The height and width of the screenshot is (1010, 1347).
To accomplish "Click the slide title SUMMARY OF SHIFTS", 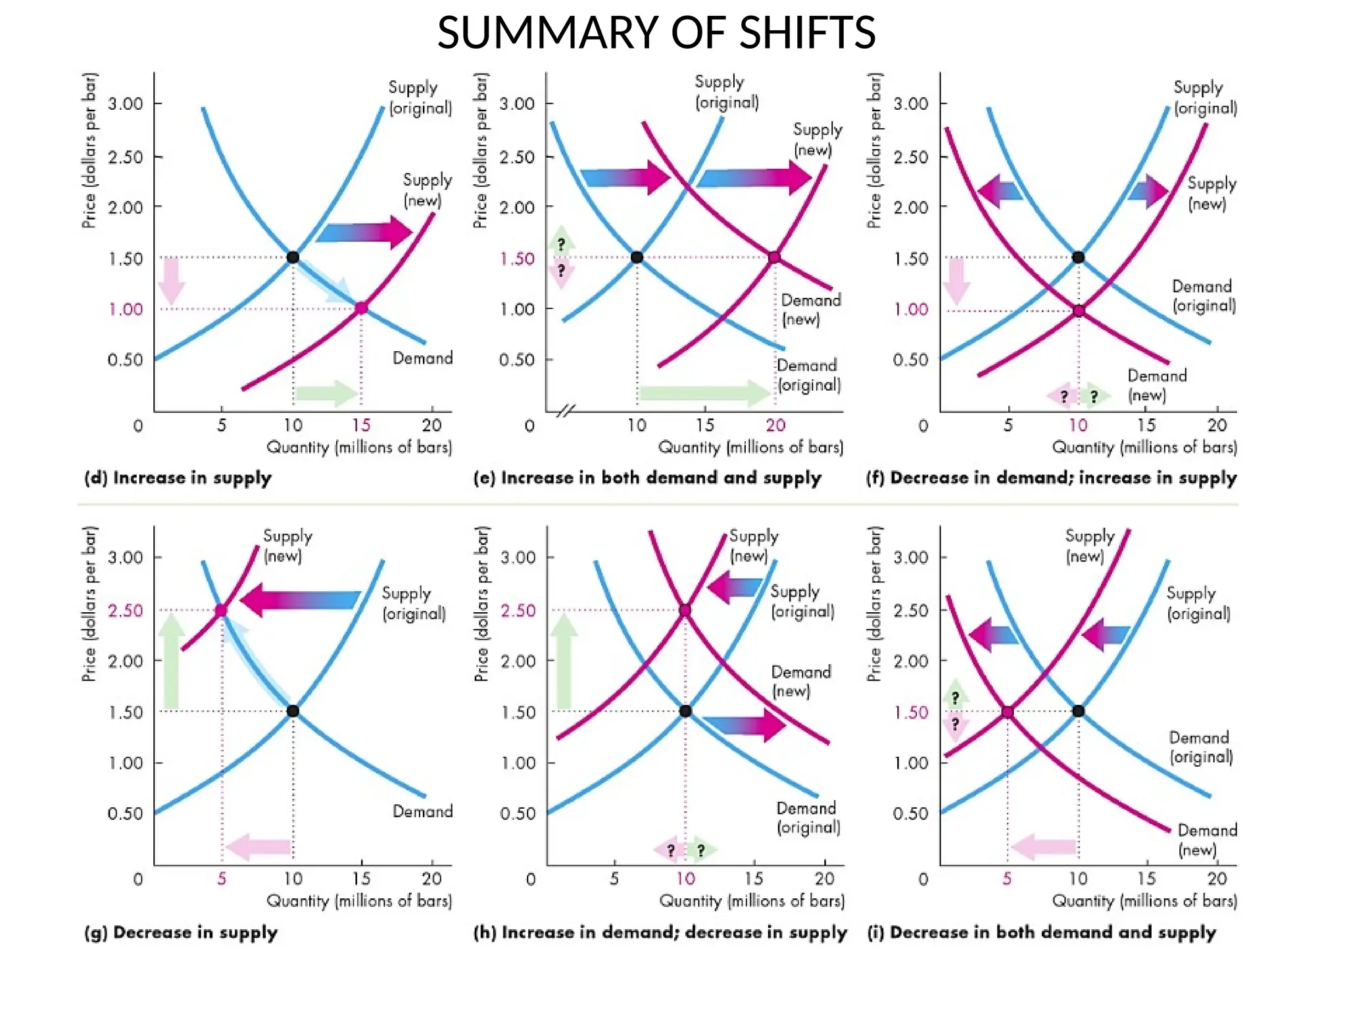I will tap(656, 33).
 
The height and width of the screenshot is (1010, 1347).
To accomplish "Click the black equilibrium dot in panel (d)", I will tap(293, 257).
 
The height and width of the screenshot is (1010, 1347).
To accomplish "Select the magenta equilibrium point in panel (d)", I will tap(361, 308).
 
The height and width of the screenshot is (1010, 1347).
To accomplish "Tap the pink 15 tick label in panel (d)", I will tap(361, 425).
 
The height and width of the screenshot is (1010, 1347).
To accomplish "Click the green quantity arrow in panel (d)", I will tap(326, 393).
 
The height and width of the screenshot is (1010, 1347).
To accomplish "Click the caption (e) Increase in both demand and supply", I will tap(647, 478).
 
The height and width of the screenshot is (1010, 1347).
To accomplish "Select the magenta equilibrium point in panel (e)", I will tap(774, 257).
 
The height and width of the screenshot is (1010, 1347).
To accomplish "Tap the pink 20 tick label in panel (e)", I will tap(775, 425).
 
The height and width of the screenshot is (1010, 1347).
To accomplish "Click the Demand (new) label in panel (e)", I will tap(810, 310).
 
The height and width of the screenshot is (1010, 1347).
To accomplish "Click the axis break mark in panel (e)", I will tap(566, 412).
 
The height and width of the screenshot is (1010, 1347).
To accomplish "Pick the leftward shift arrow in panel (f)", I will tap(1000, 191).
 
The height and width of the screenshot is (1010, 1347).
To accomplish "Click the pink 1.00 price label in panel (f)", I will tap(911, 309).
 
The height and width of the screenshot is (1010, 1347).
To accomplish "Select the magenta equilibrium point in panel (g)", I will tap(221, 611).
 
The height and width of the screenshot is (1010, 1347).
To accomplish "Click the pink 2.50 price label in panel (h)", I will tap(518, 611).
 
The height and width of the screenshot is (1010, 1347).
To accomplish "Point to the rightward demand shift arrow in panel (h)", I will tap(745, 725).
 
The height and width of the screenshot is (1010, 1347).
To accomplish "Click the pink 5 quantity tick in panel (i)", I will tap(1007, 879).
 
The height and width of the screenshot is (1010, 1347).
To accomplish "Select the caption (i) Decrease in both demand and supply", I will tap(1041, 932).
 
